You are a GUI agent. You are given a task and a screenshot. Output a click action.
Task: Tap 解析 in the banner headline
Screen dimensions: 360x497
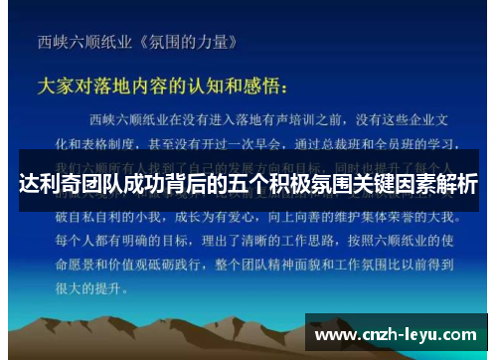(457, 184)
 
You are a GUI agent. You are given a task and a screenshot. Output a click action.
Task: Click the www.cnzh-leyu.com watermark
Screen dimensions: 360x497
(397, 336)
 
